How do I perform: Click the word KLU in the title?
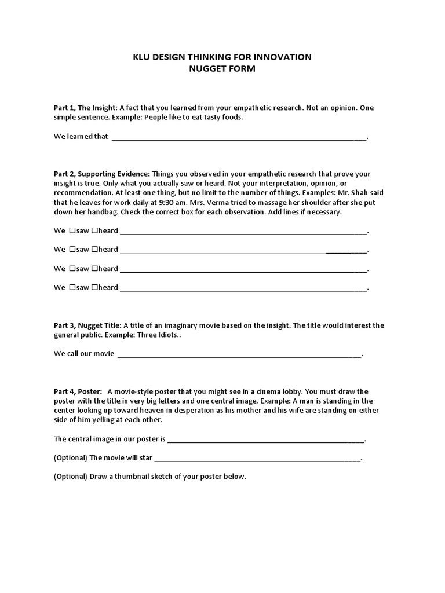point(143,57)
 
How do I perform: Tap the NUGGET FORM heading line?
point(222,68)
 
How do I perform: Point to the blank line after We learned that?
point(239,137)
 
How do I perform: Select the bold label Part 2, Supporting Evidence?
point(102,174)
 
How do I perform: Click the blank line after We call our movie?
point(239,354)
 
